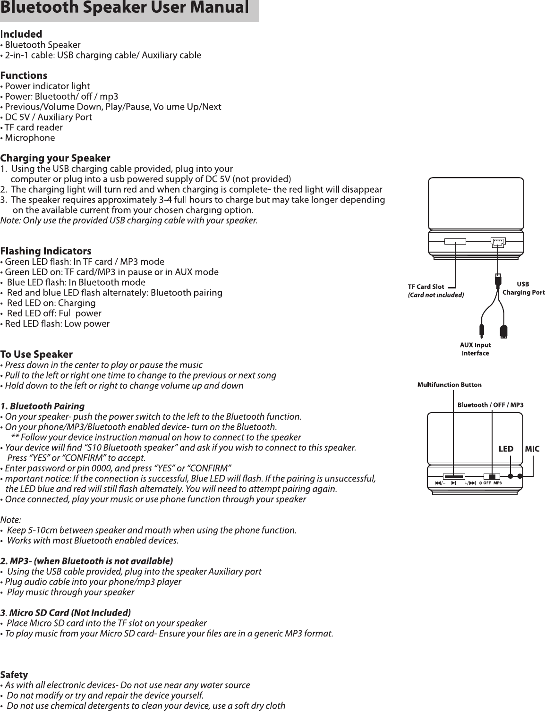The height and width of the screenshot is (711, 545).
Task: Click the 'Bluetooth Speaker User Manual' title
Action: click(x=125, y=8)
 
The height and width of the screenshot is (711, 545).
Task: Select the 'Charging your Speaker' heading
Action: click(x=55, y=158)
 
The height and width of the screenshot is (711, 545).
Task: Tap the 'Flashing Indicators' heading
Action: click(x=46, y=251)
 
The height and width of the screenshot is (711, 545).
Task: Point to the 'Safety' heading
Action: click(x=14, y=674)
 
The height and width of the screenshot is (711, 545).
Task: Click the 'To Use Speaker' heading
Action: click(x=36, y=354)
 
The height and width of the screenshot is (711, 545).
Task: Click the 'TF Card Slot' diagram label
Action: click(x=426, y=287)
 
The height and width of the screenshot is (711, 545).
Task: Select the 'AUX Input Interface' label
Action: click(x=476, y=349)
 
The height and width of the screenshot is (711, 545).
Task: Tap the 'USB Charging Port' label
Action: click(x=523, y=288)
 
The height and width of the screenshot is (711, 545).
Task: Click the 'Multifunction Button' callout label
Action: click(x=449, y=385)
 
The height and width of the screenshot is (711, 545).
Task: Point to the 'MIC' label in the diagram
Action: click(x=532, y=449)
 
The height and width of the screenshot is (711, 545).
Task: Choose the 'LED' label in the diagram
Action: click(x=506, y=449)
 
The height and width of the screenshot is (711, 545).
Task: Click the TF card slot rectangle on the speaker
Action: click(x=455, y=242)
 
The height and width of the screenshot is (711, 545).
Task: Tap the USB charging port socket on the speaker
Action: click(x=497, y=242)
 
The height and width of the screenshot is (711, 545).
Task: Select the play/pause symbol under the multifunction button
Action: click(x=453, y=483)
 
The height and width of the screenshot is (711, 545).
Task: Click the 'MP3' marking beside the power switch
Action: click(x=497, y=483)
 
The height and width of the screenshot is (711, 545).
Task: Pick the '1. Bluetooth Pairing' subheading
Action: click(x=43, y=406)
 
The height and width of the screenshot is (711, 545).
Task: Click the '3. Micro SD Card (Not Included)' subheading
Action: click(x=65, y=613)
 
